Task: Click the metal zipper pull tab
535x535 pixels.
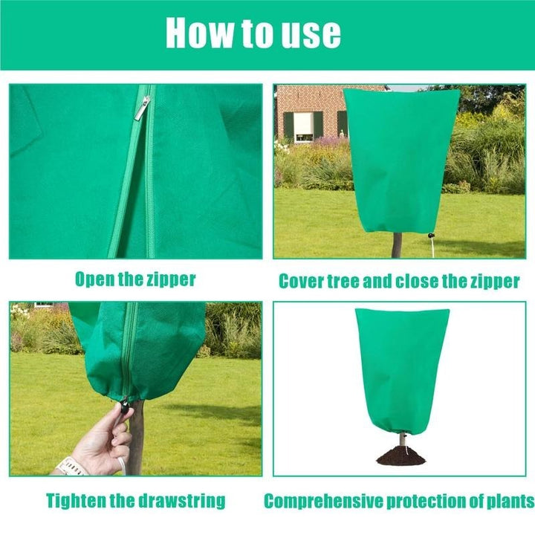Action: [142, 108]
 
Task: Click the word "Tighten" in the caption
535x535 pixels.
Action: [76, 501]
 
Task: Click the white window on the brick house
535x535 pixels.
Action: [303, 127]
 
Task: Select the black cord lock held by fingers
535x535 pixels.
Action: [126, 407]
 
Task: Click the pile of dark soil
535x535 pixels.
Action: [401, 455]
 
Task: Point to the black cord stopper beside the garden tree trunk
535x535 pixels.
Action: [431, 236]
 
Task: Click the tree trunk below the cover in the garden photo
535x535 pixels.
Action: [397, 245]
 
